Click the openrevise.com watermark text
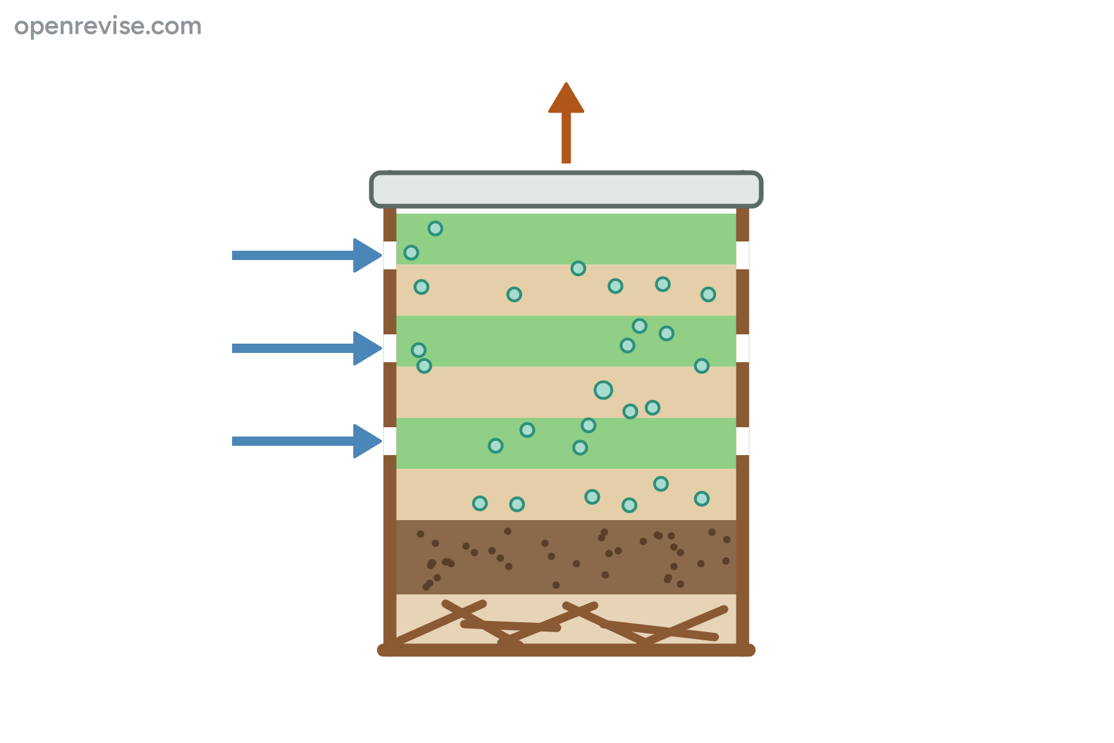coord(108,27)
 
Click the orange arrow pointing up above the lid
coord(566,123)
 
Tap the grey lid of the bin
coord(566,189)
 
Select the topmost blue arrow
coord(307,255)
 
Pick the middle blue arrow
coord(307,348)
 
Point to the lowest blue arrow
coord(307,441)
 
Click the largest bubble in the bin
coord(603,390)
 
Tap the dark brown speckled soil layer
coord(566,557)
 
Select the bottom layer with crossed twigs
coord(566,619)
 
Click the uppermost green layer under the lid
coord(566,239)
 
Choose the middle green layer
coord(566,341)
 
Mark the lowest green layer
coord(566,443)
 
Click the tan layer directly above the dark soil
coord(566,494)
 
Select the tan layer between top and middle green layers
coord(566,290)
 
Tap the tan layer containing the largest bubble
coord(566,392)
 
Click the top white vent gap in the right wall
coord(743,255)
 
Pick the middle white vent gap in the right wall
coord(743,348)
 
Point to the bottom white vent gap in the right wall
coord(743,441)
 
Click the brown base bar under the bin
coord(566,650)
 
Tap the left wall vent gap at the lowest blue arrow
coord(390,441)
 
